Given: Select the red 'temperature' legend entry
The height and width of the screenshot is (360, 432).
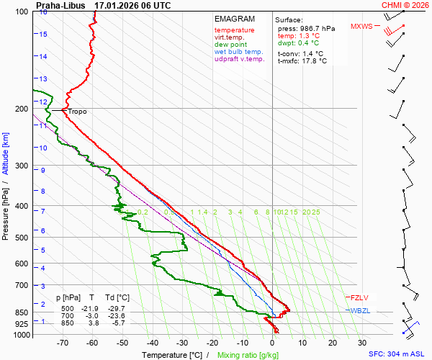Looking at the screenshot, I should click(x=234, y=30).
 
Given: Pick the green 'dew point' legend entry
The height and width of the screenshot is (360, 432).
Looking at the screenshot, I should click(x=230, y=45).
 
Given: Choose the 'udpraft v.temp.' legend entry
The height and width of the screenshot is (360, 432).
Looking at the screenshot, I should click(x=240, y=59).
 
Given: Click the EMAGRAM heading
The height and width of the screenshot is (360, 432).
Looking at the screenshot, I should click(x=235, y=19).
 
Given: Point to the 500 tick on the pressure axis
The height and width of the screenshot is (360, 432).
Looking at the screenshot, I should click(x=22, y=238).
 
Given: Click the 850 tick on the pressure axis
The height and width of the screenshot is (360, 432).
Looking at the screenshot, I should click(x=22, y=312).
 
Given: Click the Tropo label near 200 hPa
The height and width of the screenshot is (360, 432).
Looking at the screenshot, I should click(x=77, y=112).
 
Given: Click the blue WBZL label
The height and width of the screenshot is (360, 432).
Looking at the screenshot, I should click(x=359, y=310).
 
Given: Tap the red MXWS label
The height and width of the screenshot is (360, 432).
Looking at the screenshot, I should click(x=361, y=27).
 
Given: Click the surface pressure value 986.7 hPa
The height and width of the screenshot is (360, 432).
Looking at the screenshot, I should click(x=316, y=28).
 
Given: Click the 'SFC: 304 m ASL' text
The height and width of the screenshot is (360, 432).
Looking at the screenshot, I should click(x=397, y=354).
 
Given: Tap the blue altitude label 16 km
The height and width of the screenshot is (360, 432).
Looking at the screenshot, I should click(x=44, y=12).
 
